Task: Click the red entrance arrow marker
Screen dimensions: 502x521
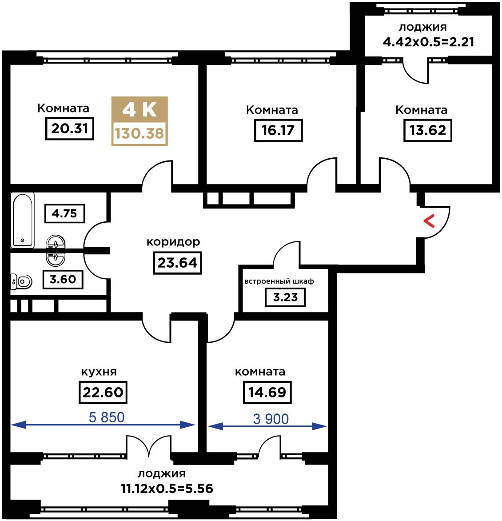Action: pyautogui.click(x=429, y=221)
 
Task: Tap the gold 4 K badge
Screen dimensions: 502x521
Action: pyautogui.click(x=139, y=121)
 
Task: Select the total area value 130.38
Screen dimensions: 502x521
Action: pyautogui.click(x=139, y=133)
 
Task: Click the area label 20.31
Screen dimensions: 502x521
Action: pyautogui.click(x=70, y=128)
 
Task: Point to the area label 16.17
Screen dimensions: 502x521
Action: pyautogui.click(x=278, y=130)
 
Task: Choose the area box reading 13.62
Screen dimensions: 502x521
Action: pyautogui.click(x=428, y=130)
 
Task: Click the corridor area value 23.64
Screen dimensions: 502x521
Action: pyautogui.click(x=177, y=263)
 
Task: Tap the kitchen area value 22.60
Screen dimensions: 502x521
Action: pyautogui.click(x=103, y=393)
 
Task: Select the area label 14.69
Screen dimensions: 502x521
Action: pyautogui.click(x=267, y=393)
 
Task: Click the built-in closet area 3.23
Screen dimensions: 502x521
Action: pyautogui.click(x=286, y=297)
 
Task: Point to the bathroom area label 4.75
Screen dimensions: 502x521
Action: pyautogui.click(x=65, y=213)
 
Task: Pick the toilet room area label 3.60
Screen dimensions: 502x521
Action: pyautogui.click(x=63, y=279)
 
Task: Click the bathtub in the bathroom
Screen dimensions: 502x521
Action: pyautogui.click(x=23, y=220)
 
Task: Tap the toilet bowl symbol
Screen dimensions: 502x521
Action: pyautogui.click(x=21, y=282)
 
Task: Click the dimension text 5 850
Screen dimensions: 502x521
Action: pyautogui.click(x=107, y=417)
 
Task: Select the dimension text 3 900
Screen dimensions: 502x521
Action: pyautogui.click(x=271, y=419)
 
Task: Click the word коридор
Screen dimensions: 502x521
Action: pyautogui.click(x=173, y=242)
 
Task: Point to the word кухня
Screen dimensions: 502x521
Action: pyautogui.click(x=99, y=372)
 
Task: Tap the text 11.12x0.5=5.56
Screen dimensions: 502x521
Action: pyautogui.click(x=167, y=489)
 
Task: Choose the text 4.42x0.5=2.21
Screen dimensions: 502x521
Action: pyautogui.click(x=428, y=42)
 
